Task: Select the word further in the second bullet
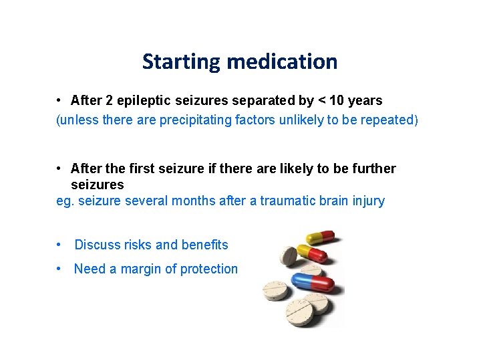click(371, 168)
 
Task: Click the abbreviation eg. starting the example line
click(65, 201)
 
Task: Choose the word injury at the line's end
click(367, 201)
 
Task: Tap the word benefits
click(204, 245)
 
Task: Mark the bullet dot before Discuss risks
click(60, 245)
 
